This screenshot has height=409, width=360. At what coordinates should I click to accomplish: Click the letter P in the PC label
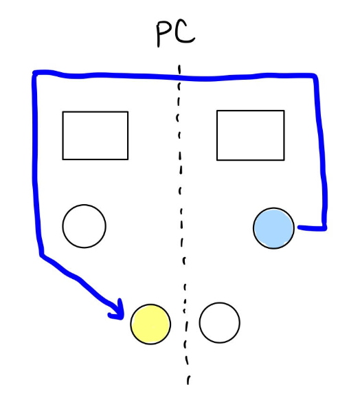(164, 34)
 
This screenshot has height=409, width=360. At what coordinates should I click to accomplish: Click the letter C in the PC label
(185, 32)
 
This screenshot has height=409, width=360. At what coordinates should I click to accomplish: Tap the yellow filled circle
(150, 324)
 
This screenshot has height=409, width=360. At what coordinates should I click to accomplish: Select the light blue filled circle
(273, 228)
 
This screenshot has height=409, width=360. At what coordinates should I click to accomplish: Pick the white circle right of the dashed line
(219, 322)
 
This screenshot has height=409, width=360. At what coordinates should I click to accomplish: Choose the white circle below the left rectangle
(85, 226)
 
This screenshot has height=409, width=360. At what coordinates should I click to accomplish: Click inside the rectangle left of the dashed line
(95, 135)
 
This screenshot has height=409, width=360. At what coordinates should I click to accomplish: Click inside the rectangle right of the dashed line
(251, 135)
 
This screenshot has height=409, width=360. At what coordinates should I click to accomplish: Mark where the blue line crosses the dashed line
(179, 77)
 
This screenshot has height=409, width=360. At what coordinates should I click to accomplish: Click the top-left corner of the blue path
(34, 73)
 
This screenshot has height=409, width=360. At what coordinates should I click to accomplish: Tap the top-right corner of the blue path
(315, 76)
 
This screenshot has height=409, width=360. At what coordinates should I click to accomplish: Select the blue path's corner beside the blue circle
(324, 228)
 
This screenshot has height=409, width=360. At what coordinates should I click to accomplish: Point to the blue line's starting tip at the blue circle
(299, 228)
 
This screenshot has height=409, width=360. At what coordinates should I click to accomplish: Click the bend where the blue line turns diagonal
(42, 254)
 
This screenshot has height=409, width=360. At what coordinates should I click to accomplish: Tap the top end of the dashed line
(179, 65)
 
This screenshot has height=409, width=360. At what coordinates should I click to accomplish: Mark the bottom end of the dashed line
(188, 384)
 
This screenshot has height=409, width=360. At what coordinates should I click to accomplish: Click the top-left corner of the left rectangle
(63, 112)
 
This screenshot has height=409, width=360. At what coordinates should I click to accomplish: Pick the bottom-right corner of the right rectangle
(284, 160)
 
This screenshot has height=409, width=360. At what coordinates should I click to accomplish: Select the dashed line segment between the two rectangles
(179, 135)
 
